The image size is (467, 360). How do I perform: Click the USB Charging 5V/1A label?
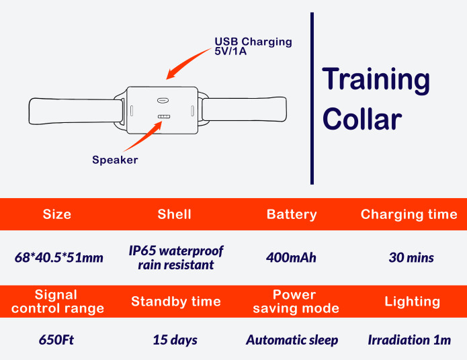click(x=253, y=46)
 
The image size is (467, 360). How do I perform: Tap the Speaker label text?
click(x=115, y=160)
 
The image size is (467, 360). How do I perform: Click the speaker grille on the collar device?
click(x=163, y=117)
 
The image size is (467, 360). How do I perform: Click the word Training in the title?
click(x=376, y=80)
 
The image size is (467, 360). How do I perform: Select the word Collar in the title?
click(x=362, y=120)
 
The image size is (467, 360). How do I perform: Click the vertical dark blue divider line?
click(x=312, y=97)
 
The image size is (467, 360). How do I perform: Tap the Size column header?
click(x=56, y=214)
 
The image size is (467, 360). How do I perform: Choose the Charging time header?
click(x=409, y=214)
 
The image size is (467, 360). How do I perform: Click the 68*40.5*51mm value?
click(x=59, y=257)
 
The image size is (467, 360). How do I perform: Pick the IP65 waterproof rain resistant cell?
click(x=176, y=257)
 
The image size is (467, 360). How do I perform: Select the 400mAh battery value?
click(x=291, y=257)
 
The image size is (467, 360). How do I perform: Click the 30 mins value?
click(x=411, y=257)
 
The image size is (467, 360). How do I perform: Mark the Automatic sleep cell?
click(x=292, y=340)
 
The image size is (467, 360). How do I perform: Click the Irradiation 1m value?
click(x=409, y=340)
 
